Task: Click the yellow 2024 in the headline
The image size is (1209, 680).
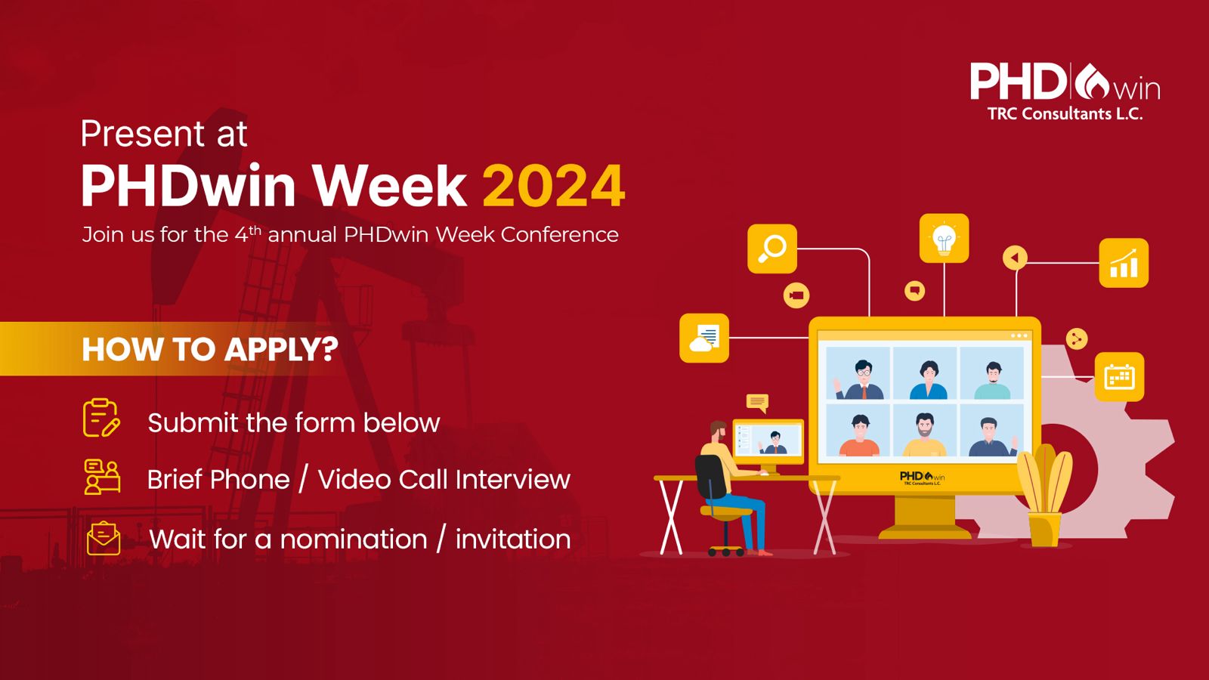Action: pos(553,186)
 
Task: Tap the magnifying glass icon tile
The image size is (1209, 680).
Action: pos(771,249)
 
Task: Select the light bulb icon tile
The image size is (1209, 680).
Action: pos(944,239)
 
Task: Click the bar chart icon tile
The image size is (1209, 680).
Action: pos(1124,263)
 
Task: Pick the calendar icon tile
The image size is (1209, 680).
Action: pos(1119,377)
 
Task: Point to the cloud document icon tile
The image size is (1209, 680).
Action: pos(703,338)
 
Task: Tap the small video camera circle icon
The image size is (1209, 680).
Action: pos(796,295)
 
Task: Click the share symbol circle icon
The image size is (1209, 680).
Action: pos(1077,339)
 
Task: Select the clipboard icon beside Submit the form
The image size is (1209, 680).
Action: pos(101,418)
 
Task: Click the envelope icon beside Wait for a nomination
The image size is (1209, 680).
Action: pos(104,538)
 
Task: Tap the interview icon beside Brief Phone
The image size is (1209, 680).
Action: pos(102,477)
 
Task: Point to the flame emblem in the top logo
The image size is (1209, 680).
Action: pos(1091,82)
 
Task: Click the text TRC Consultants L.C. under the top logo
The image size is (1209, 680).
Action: pos(1065,114)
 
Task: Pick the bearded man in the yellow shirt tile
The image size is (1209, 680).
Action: pos(925,435)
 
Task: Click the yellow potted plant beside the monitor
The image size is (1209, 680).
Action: pos(1045,495)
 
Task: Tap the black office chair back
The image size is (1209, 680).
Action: pos(710,477)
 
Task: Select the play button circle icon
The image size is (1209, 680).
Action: pos(1015,258)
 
